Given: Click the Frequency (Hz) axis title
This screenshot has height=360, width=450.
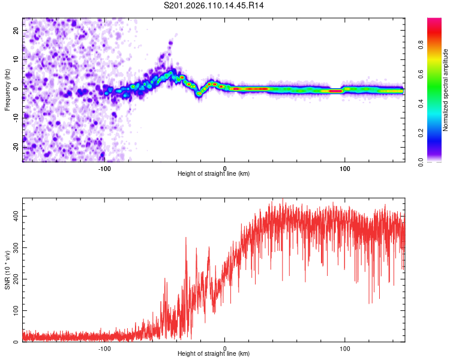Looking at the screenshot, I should point(8,89).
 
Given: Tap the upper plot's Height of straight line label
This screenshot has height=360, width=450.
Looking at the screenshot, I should point(214,173).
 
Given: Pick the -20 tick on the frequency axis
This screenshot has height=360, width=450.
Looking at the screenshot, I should point(16,147).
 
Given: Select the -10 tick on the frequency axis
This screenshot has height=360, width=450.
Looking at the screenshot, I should point(16,118).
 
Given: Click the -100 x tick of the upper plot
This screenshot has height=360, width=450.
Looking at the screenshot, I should point(104,168).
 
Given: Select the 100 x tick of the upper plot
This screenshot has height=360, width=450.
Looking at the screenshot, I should point(345,168).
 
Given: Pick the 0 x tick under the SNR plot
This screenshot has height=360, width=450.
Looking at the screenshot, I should point(225,348).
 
